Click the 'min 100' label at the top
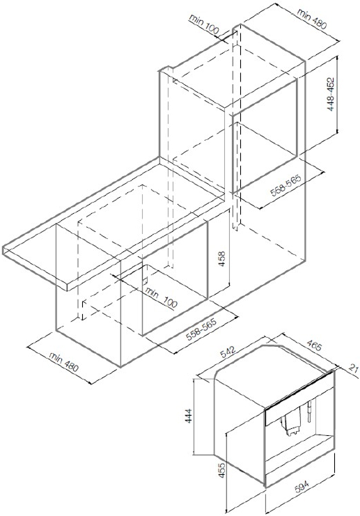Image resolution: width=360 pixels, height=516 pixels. (204, 24)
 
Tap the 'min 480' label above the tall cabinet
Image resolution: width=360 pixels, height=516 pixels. (312, 18)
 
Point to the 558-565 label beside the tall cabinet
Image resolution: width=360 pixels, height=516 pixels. (285, 186)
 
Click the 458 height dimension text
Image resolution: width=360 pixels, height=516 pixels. (222, 259)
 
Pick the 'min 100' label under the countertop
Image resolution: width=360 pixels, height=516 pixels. (161, 297)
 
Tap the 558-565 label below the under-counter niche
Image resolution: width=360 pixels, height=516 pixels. (201, 329)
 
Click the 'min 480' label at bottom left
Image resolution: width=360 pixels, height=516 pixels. (64, 361)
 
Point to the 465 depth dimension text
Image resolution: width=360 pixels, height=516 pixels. (314, 345)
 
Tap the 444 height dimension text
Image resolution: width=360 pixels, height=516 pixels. (189, 416)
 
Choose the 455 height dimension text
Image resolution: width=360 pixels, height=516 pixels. (222, 471)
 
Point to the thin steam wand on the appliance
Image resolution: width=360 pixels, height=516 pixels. (309, 412)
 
